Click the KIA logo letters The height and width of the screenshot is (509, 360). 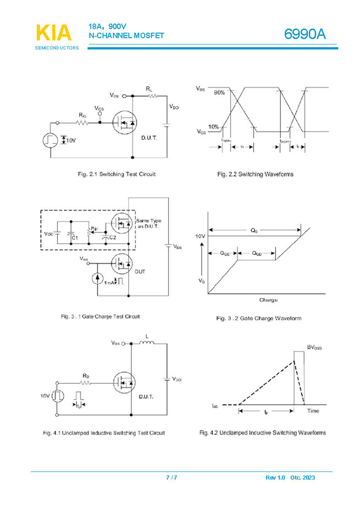53,33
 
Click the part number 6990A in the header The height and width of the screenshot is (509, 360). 305,34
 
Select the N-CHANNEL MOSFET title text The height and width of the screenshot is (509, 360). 126,36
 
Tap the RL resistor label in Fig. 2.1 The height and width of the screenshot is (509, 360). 149,89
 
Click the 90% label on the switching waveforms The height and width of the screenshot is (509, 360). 219,93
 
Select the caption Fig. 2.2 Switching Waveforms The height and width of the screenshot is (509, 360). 255,174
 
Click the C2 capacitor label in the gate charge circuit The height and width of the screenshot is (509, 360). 112,237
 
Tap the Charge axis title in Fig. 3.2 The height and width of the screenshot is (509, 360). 268,300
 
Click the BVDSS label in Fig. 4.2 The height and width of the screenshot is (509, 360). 315,347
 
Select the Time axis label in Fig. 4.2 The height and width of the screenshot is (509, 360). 313,411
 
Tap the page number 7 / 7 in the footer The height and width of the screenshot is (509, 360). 172,477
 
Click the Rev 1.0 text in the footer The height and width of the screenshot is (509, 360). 275,477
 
